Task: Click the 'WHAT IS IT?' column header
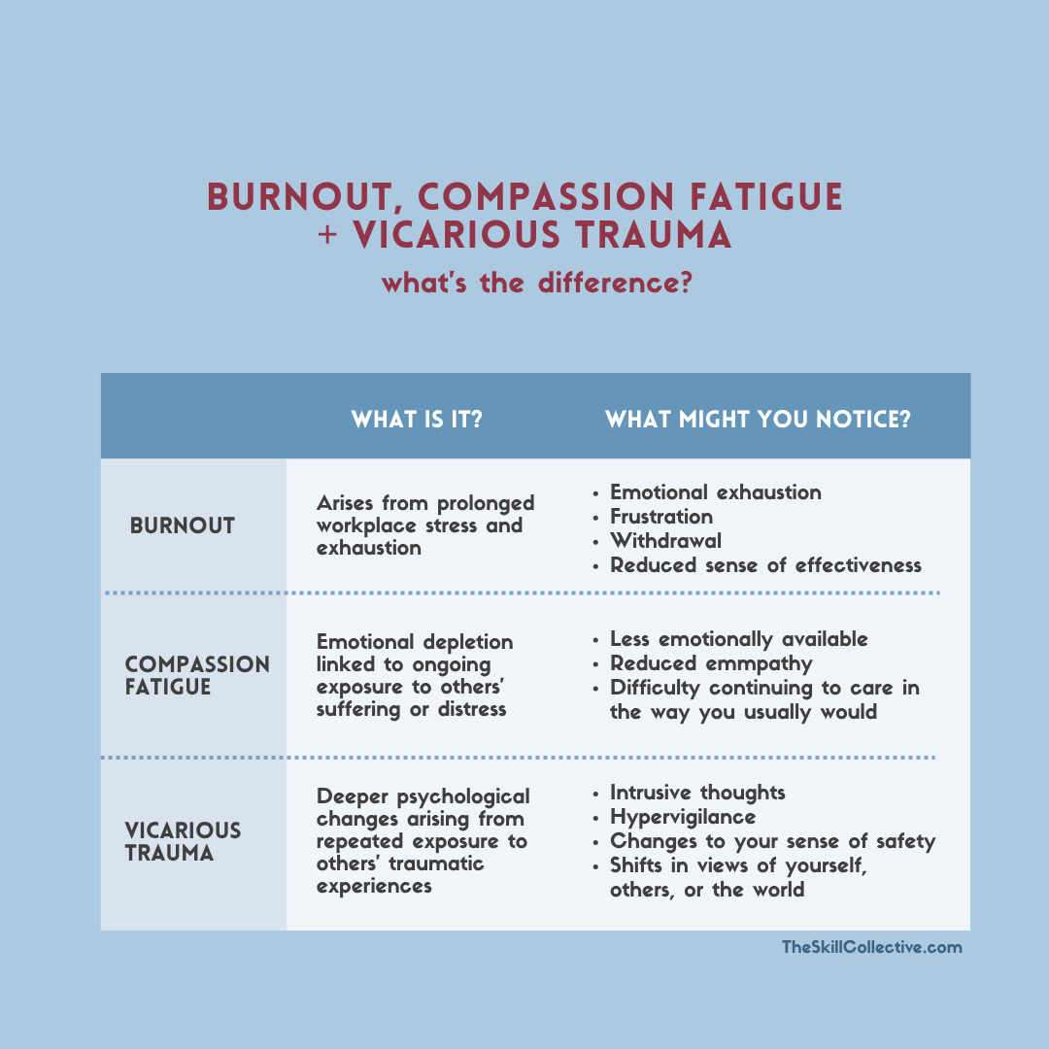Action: (x=416, y=420)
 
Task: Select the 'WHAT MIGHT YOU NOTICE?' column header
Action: (x=758, y=420)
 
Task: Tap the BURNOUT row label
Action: (x=182, y=525)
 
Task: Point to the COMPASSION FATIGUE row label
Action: (x=197, y=675)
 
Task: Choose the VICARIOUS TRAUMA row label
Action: (x=183, y=841)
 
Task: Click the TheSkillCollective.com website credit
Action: (x=871, y=947)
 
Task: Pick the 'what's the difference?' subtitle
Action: (x=536, y=283)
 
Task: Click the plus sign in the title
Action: (x=327, y=235)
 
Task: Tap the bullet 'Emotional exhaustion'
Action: (x=715, y=493)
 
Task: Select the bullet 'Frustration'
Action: (x=661, y=517)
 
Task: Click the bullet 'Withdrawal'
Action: (x=665, y=541)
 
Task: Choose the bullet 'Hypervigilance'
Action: (x=683, y=818)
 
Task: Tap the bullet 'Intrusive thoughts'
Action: (x=697, y=793)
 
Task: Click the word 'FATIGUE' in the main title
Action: (x=766, y=197)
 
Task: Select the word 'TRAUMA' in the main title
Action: (x=654, y=235)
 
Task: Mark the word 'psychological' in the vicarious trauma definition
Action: (x=463, y=797)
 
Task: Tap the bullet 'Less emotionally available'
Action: (x=738, y=640)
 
